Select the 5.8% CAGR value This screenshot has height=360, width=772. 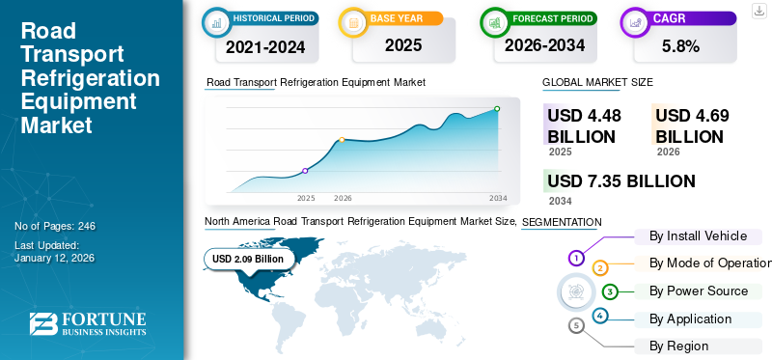[x=679, y=44]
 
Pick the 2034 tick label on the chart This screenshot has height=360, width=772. [x=498, y=198]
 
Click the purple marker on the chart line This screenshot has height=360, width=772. [x=306, y=171]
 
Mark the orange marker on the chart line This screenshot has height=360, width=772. [x=343, y=140]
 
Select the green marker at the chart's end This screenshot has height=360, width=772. [x=497, y=109]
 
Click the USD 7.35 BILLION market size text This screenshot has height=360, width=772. [x=621, y=181]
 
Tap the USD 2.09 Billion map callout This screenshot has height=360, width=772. [x=248, y=259]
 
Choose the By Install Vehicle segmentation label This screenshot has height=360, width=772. [x=700, y=235]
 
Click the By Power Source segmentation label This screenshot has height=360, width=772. [x=698, y=291]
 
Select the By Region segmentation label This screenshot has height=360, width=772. [x=679, y=346]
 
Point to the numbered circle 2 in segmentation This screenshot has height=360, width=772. [x=600, y=267]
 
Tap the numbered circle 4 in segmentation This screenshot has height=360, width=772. [x=600, y=316]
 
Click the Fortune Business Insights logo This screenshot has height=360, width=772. [x=88, y=325]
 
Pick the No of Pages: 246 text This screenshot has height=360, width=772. [x=55, y=226]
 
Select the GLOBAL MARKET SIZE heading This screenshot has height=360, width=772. [x=597, y=83]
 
